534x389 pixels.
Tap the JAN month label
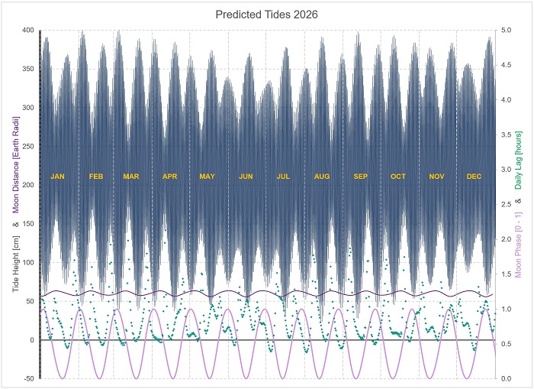[58, 177]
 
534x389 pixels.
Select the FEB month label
[96, 177]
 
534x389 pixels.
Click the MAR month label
[131, 177]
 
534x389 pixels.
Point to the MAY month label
[207, 177]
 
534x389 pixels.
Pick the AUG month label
[322, 177]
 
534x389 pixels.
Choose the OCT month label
[398, 177]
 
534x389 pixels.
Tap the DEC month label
[474, 177]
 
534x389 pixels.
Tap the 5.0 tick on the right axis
[507, 31]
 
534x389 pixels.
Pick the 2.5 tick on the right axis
[507, 205]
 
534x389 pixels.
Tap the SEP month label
[360, 177]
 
